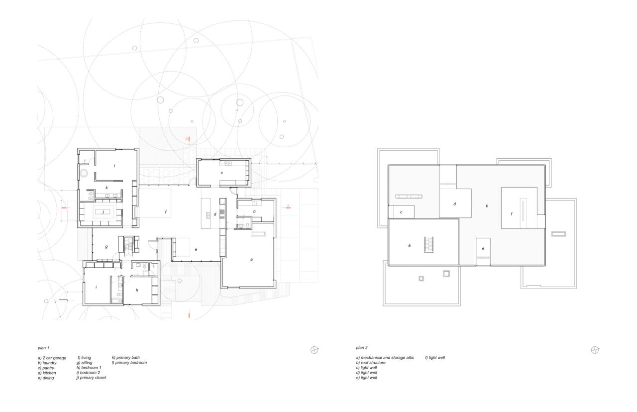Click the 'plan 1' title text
[44, 348]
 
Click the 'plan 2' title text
[362, 348]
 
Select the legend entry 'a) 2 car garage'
[52, 358]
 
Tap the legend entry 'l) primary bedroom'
[129, 363]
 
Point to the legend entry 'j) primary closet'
[91, 378]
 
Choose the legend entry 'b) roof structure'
[370, 363]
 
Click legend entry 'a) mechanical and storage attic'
[385, 358]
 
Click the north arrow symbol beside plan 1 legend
[315, 350]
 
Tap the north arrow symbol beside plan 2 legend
[595, 350]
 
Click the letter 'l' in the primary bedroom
[114, 166]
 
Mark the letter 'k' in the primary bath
[106, 188]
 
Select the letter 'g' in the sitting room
[106, 246]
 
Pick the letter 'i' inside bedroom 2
[96, 287]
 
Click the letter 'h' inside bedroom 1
[137, 290]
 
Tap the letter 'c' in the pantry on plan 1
[221, 173]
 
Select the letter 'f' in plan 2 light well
[511, 214]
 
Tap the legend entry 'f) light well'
[435, 358]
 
